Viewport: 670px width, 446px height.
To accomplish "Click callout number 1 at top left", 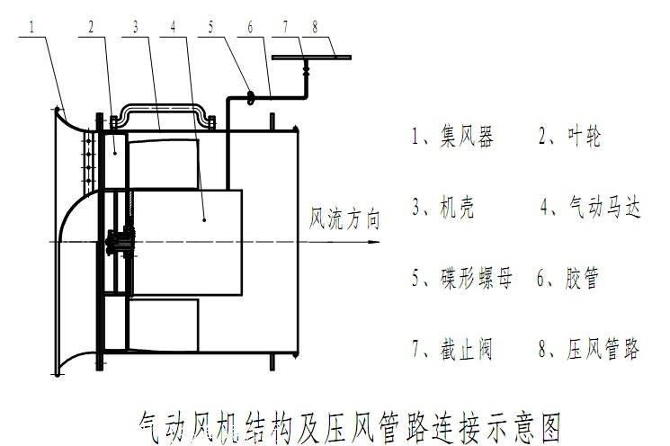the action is pos(31,27).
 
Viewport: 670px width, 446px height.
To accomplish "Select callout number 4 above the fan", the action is pos(173,27).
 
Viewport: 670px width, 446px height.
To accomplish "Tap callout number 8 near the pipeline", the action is pos(315,27).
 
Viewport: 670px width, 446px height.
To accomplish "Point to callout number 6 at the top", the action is pos(250,27).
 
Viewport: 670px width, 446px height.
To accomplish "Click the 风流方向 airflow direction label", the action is pos(344,219).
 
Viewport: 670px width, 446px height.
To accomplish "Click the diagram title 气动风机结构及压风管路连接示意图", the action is pos(349,427).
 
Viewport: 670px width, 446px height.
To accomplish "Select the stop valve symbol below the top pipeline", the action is pos(306,68).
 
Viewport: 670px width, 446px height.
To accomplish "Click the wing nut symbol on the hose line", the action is pos(251,97).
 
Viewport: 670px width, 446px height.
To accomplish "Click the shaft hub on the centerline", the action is pos(121,242).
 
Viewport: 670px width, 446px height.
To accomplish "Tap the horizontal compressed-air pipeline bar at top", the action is pos(311,58).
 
